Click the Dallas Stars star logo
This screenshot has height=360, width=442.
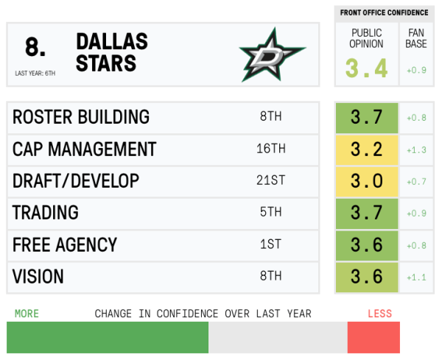click(271, 54)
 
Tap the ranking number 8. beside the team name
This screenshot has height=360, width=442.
click(35, 47)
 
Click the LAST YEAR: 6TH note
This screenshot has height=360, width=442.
click(35, 73)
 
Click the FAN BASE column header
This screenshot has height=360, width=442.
click(416, 38)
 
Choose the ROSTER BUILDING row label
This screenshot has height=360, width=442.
click(81, 117)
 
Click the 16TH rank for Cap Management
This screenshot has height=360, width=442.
click(270, 149)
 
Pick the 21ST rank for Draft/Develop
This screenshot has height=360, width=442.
click(270, 181)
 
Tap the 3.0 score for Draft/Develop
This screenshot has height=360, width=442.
click(366, 181)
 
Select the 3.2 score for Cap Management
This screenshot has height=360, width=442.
click(366, 149)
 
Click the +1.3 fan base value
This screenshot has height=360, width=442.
click(416, 149)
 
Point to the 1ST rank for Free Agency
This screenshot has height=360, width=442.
click(270, 244)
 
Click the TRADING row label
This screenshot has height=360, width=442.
click(46, 213)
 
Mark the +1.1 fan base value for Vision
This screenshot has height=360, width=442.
click(416, 277)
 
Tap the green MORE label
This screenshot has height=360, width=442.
click(27, 314)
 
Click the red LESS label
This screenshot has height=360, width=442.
click(379, 314)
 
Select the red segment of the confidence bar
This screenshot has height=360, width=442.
click(373, 337)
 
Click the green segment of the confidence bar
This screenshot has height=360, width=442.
click(108, 337)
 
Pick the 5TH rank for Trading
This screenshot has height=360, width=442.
click(270, 213)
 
